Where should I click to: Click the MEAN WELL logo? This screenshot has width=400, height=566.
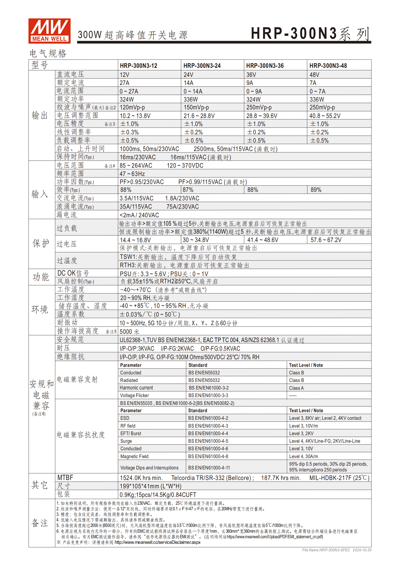(x=49, y=31)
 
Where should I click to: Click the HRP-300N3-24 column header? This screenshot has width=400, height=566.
(x=202, y=66)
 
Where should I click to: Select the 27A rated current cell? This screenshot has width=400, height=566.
(x=125, y=83)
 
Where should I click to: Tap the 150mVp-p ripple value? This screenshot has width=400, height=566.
(x=196, y=107)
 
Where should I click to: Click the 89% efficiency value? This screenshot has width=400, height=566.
(x=316, y=190)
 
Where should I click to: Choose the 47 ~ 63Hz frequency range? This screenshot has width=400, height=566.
(x=132, y=174)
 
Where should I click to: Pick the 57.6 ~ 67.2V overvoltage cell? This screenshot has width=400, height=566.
(x=326, y=240)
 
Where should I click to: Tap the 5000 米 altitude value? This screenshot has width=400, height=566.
(x=129, y=332)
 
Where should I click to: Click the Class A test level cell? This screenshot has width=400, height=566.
(x=296, y=388)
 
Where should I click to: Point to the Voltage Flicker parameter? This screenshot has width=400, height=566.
(x=134, y=396)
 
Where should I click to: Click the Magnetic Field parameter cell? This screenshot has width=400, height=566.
(x=134, y=457)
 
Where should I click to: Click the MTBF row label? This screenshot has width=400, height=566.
(x=65, y=478)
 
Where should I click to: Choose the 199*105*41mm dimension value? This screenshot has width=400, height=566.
(x=150, y=486)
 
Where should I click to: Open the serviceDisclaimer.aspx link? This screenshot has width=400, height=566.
(x=158, y=542)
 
